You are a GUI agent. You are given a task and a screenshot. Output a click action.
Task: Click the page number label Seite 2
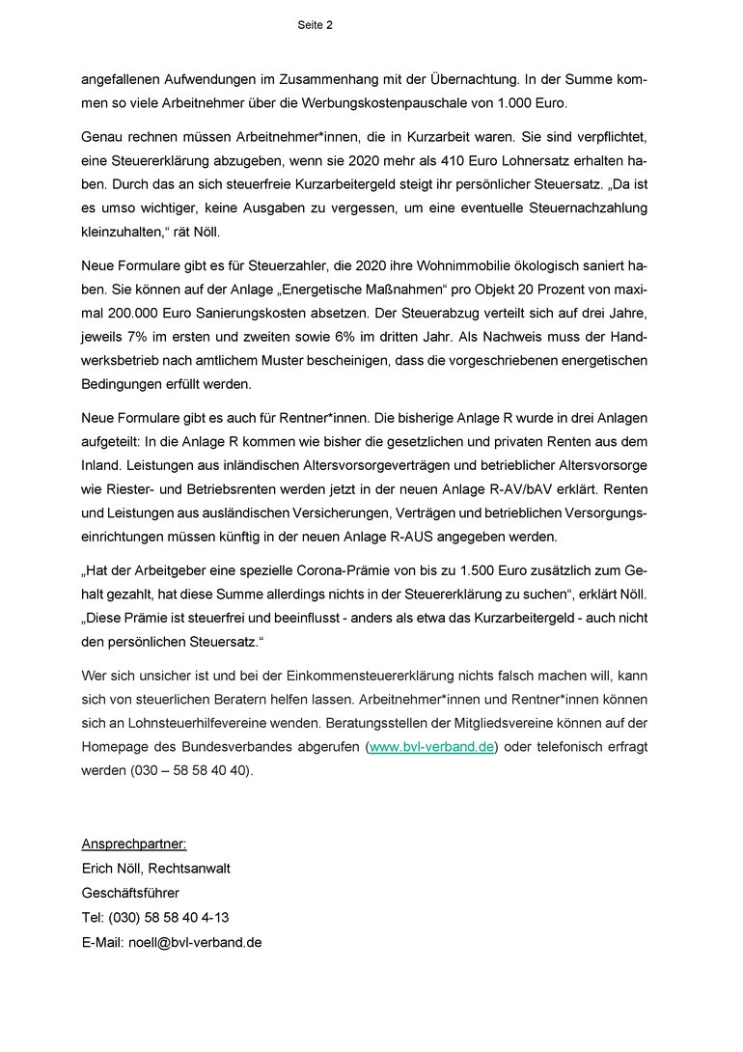point(316,25)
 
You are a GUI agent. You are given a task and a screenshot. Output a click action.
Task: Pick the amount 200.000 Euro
point(151,315)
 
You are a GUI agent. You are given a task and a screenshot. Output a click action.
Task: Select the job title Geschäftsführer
point(130,894)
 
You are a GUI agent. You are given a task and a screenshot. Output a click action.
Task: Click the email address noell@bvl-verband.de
point(196,943)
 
